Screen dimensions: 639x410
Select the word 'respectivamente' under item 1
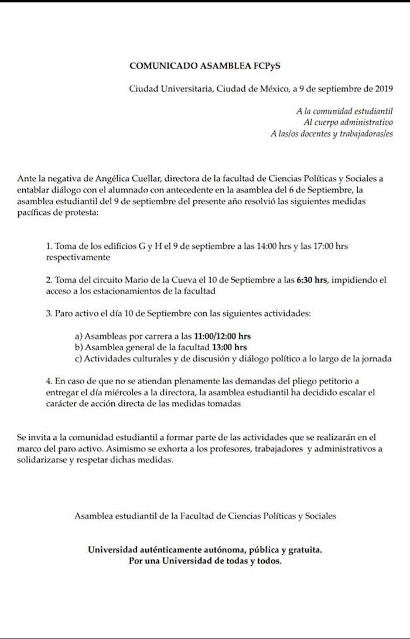click(77, 257)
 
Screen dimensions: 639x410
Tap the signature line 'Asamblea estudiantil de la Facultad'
click(205, 516)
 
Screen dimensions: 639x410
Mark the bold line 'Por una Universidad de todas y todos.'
click(205, 561)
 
